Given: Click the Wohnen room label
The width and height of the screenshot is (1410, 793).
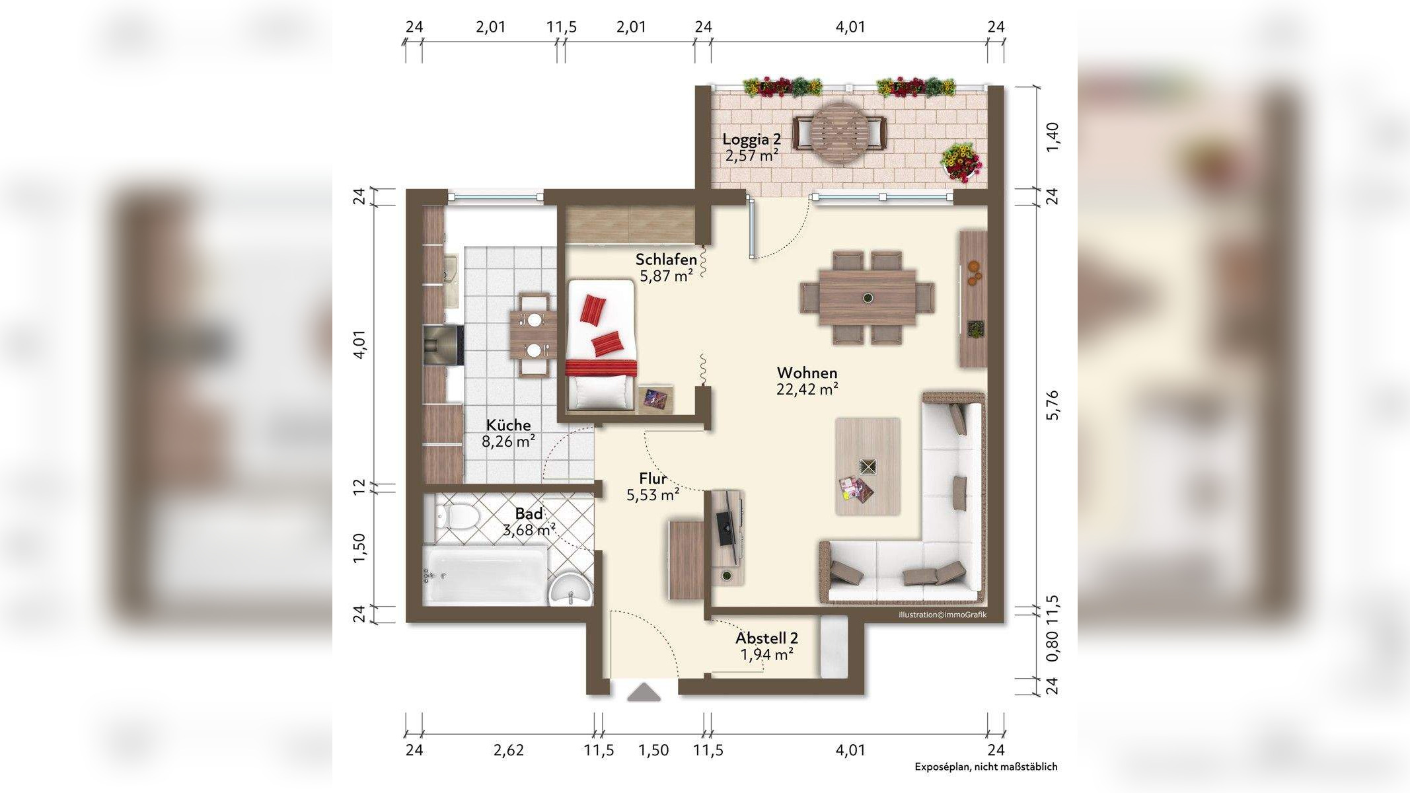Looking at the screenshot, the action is [807, 373].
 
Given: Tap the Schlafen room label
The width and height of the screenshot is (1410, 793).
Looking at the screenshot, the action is [666, 259].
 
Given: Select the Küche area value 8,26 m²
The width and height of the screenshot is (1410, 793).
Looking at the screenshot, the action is [508, 441].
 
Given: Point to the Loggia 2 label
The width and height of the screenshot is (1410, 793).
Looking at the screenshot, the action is [751, 139].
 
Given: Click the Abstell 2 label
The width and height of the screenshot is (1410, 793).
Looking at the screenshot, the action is [766, 638].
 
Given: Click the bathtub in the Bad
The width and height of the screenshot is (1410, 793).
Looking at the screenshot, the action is [485, 574].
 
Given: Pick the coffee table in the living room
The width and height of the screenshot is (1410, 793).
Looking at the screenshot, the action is [868, 466].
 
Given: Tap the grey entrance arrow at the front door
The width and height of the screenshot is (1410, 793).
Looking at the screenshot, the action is [644, 693].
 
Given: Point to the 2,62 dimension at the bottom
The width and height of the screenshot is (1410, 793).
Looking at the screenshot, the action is [509, 750].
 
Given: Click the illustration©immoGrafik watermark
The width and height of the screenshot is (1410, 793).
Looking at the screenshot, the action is [942, 615].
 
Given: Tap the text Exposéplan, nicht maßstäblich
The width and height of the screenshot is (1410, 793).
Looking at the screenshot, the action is [986, 767].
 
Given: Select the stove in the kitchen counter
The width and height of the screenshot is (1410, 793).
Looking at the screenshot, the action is [443, 345].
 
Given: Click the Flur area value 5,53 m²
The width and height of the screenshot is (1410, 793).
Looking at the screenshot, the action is [653, 494].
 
